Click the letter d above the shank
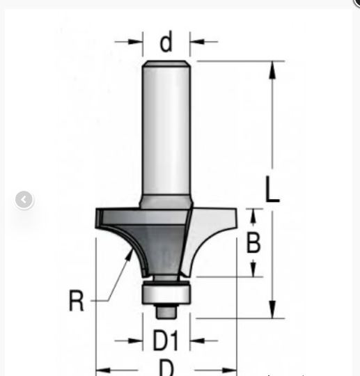[x=166, y=42]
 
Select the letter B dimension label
[x=253, y=243]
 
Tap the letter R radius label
[x=77, y=301]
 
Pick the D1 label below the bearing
[x=166, y=340]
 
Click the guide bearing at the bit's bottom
[x=166, y=293]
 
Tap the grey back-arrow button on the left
[x=24, y=201]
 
